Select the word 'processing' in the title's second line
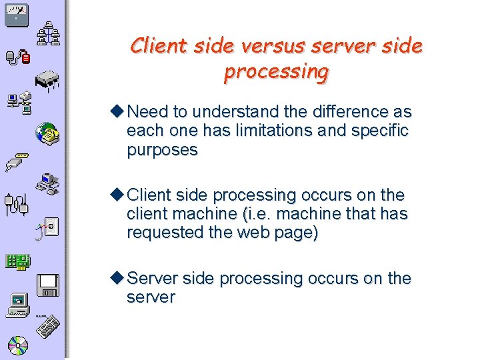point(276,71)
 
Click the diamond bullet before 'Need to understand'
point(118,111)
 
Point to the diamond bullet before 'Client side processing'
point(118,195)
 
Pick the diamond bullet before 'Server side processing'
point(118,277)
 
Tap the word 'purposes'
point(162,150)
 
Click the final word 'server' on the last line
point(151,297)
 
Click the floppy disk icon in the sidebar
point(48,285)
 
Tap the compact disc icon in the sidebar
point(18,345)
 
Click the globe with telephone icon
point(48,133)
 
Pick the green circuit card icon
point(17,262)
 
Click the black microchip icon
point(47,81)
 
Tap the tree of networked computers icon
point(47,35)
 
